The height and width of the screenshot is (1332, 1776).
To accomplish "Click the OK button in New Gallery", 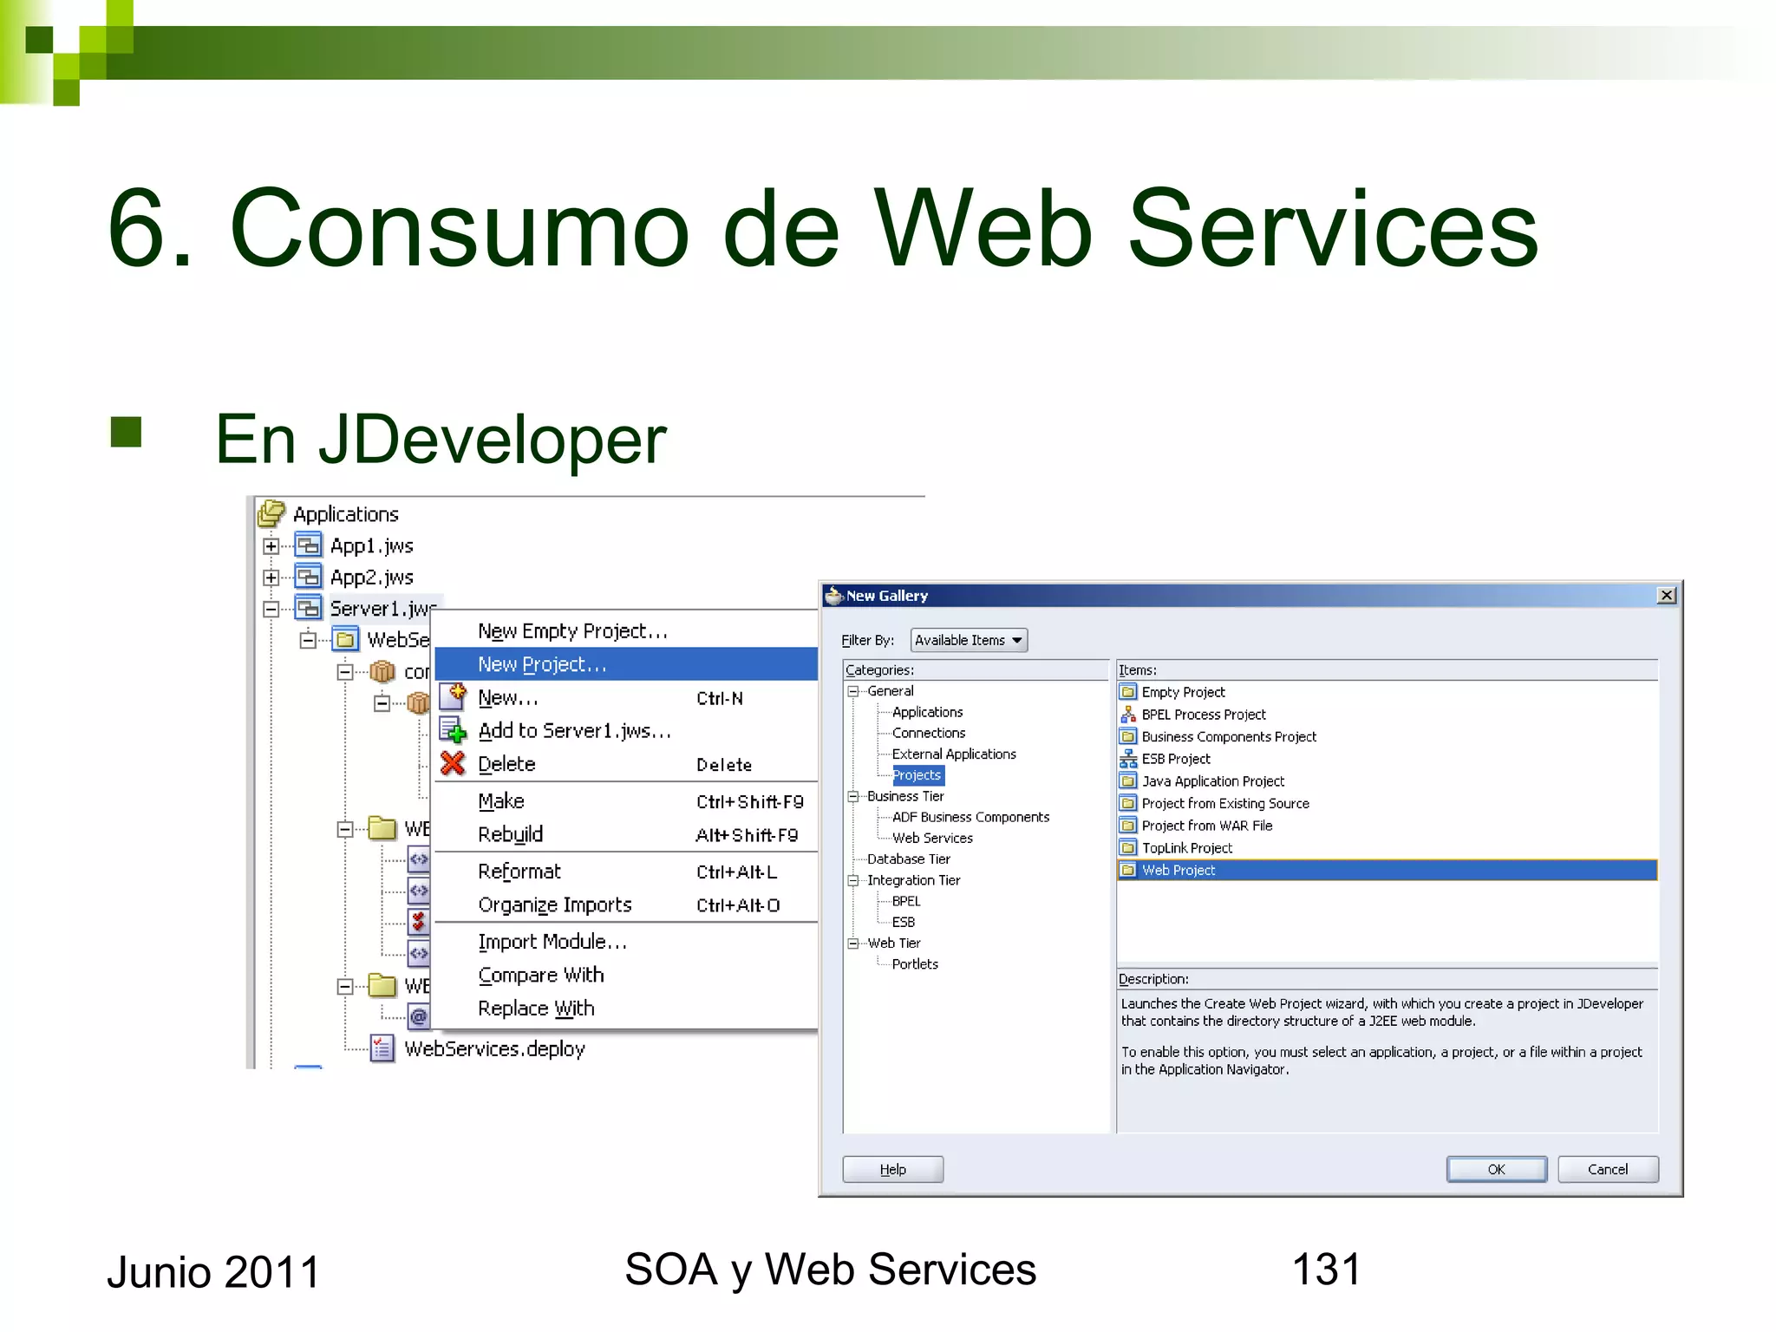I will coord(1496,1169).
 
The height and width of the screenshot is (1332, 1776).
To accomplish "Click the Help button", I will coord(892,1169).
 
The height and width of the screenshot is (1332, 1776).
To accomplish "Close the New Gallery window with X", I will coord(1666,596).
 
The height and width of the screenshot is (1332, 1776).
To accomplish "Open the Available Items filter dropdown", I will coord(969,640).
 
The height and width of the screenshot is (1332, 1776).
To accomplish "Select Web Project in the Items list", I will coord(1179,870).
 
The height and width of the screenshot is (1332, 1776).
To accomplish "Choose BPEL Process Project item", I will coord(1203,715).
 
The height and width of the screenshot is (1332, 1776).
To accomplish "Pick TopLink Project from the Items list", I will coord(1186,848).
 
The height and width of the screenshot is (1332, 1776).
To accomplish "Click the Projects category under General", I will coord(917,775).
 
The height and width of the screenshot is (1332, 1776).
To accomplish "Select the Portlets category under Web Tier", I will coord(915,964).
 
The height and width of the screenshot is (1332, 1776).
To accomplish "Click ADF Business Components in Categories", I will coord(970,817).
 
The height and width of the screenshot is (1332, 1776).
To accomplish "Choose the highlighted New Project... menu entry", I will coord(542,664).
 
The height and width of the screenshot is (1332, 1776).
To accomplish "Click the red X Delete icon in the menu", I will coord(453,764).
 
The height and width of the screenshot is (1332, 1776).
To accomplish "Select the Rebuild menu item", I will coord(510,834).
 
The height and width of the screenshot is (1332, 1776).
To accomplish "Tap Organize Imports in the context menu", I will coord(555,904).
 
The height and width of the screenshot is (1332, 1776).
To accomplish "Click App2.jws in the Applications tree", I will coord(371,578).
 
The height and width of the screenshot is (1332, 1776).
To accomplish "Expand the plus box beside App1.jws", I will coord(271,546).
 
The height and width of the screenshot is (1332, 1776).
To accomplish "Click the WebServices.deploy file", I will coord(494,1048).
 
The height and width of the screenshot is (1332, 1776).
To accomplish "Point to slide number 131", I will coord(1326,1270).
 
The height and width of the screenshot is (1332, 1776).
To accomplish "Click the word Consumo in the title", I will coord(460,230).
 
